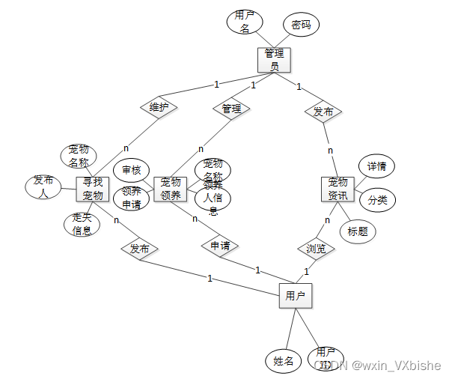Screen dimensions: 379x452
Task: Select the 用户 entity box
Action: [295, 296]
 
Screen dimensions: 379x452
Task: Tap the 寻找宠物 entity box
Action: [93, 189]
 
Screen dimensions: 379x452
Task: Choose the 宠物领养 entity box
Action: [171, 189]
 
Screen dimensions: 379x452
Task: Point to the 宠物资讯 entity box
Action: [338, 189]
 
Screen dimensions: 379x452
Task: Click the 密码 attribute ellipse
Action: [301, 25]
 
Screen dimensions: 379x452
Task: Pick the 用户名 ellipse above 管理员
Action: [244, 22]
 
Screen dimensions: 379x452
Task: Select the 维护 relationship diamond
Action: [159, 107]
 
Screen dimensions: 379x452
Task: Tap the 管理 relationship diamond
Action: [231, 109]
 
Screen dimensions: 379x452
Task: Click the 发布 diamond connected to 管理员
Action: [323, 112]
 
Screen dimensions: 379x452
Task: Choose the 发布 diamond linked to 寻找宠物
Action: [140, 248]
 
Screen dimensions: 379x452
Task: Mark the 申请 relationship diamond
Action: [219, 246]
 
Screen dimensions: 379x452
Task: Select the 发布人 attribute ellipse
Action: [43, 187]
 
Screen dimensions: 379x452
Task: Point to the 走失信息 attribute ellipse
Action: [82, 224]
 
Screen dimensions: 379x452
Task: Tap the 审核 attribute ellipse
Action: [132, 170]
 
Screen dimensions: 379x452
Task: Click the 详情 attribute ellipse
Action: [376, 166]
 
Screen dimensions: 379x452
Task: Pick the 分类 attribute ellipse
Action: [376, 201]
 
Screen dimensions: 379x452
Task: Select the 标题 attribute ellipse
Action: [358, 231]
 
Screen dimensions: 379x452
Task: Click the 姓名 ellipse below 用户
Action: [283, 361]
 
